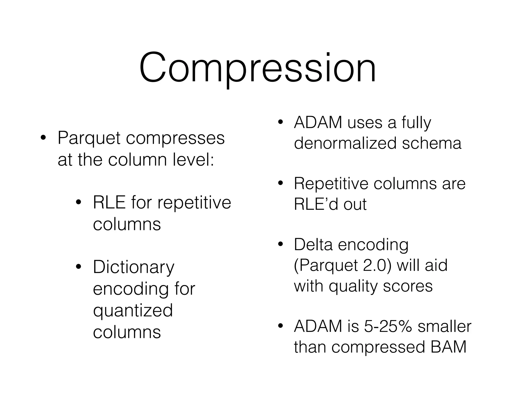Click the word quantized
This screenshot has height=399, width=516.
click(133, 310)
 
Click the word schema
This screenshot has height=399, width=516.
click(432, 143)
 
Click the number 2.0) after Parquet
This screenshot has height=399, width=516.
click(377, 265)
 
